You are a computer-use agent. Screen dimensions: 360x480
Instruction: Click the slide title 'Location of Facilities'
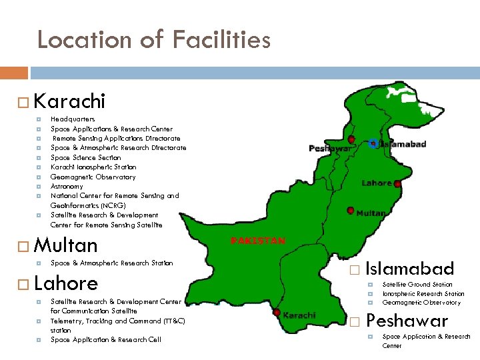(x=154, y=40)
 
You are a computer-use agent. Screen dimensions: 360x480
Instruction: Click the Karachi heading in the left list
(x=69, y=101)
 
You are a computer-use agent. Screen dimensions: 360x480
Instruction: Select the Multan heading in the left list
(x=65, y=245)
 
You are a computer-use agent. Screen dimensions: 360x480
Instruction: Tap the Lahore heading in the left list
(x=65, y=283)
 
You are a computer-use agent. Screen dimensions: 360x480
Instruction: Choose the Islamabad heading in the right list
(x=410, y=269)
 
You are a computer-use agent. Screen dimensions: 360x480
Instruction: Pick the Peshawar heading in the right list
(x=407, y=321)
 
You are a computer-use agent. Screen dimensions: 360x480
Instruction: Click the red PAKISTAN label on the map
(x=257, y=241)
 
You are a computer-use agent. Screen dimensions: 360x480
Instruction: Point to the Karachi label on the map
(x=300, y=315)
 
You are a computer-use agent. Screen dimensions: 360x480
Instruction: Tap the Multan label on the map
(x=371, y=213)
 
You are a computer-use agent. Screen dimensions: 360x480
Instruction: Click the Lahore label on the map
(x=376, y=183)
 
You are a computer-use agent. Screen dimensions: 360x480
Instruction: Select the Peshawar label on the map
(x=329, y=149)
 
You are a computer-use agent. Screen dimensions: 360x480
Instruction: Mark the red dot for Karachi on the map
(x=277, y=312)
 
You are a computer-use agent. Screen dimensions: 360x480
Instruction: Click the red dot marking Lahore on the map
(x=397, y=184)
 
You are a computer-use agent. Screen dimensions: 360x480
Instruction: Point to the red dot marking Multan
(x=351, y=210)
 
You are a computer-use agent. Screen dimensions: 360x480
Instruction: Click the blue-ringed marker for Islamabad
(x=373, y=143)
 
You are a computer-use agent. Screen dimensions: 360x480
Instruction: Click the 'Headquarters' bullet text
(x=73, y=119)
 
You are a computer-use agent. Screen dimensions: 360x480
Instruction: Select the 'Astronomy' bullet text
(x=67, y=187)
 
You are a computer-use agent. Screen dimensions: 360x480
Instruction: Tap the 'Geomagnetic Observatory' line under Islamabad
(x=421, y=303)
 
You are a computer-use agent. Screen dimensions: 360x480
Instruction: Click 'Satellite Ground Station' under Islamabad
(x=417, y=285)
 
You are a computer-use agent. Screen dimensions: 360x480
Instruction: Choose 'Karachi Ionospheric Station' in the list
(x=93, y=167)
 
